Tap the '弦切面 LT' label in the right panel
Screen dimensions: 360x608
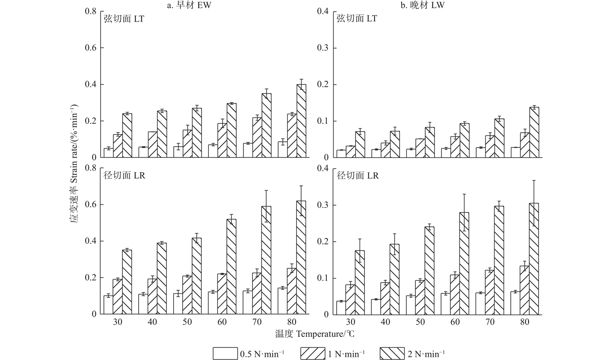tap(356, 19)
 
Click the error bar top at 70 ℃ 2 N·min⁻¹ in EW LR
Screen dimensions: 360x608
tap(266, 191)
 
